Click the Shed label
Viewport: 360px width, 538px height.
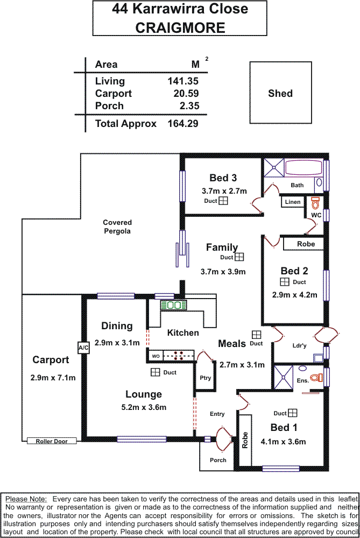coord(280,93)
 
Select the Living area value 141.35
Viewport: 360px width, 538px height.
coord(183,81)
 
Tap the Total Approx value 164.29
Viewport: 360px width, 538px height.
coord(182,123)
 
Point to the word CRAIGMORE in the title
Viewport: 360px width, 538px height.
coord(180,28)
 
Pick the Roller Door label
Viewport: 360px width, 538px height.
coord(52,441)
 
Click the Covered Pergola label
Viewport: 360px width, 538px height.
coord(117,226)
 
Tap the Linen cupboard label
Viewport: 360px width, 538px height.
coord(293,202)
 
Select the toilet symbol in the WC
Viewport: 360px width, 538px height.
coord(315,203)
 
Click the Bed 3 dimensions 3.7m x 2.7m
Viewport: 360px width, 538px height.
coord(224,190)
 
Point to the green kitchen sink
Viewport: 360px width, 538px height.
coord(173,305)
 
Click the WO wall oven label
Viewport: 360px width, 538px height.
coord(156,356)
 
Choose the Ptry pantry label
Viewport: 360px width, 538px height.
coord(205,378)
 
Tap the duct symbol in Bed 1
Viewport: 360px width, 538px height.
coord(293,413)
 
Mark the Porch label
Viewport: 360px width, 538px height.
coord(218,460)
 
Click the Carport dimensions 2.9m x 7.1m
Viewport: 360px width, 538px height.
coord(53,378)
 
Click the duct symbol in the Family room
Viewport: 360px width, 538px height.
coord(239,257)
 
